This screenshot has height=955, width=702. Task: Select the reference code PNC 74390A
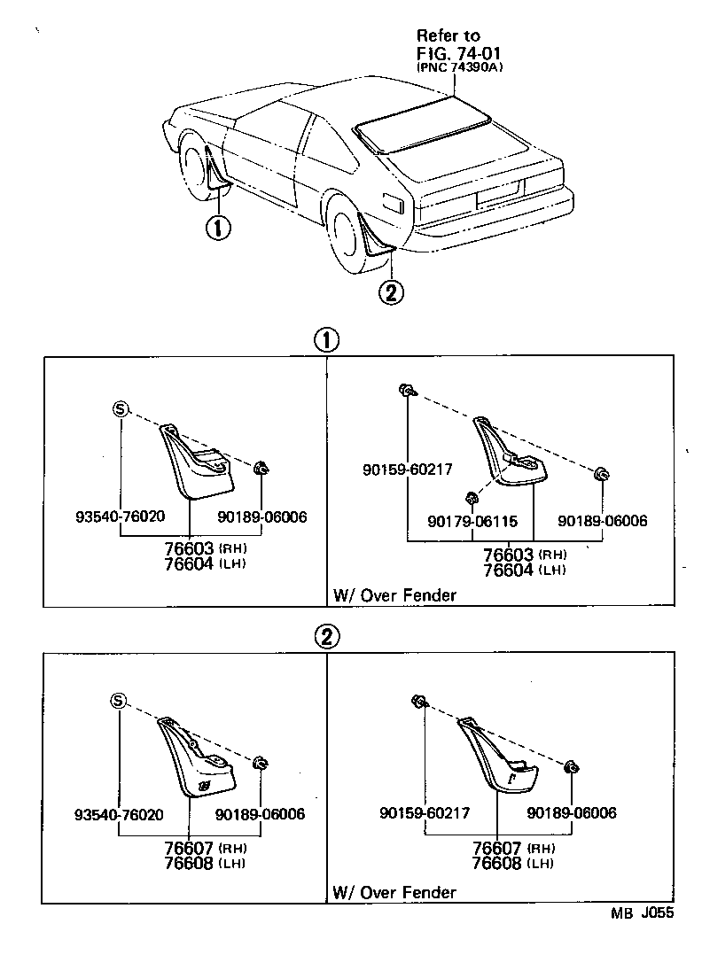(459, 67)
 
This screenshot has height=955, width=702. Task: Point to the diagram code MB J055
(642, 914)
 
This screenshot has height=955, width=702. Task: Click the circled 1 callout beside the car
(217, 227)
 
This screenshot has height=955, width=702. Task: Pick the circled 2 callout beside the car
(391, 291)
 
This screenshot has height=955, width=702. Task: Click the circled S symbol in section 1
(121, 408)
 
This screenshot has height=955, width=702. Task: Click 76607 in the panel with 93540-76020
(190, 846)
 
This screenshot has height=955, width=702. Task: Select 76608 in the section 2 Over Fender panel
(496, 863)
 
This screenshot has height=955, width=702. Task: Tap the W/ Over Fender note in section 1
(394, 594)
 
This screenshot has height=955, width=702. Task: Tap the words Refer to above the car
(448, 35)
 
